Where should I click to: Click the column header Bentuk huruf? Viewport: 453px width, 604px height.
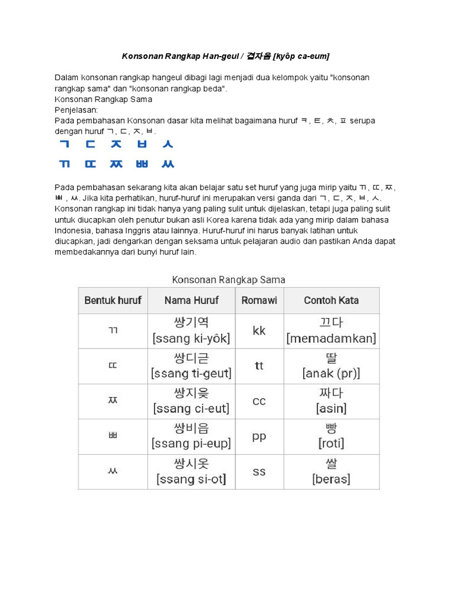pyautogui.click(x=113, y=300)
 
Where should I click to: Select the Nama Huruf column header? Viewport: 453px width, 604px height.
pyautogui.click(x=191, y=300)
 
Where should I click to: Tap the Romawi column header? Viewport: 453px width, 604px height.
pyautogui.click(x=259, y=300)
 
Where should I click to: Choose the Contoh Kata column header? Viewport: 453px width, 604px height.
pyautogui.click(x=331, y=300)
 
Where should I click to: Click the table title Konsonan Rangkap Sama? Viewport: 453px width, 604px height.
pyautogui.click(x=228, y=279)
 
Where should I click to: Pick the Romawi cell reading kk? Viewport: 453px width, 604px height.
pyautogui.click(x=259, y=331)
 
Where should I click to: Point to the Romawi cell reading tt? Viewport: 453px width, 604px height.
pyautogui.click(x=259, y=366)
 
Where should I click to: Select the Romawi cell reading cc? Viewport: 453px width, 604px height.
pyautogui.click(x=259, y=401)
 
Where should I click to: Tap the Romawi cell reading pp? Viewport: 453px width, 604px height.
pyautogui.click(x=259, y=436)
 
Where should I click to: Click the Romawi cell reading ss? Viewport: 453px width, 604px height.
pyautogui.click(x=259, y=472)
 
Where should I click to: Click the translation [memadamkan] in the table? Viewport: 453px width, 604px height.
pyautogui.click(x=331, y=339)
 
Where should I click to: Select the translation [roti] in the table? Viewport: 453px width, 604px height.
pyautogui.click(x=331, y=444)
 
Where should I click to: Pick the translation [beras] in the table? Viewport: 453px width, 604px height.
pyautogui.click(x=331, y=479)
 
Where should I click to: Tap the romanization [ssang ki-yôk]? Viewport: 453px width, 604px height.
pyautogui.click(x=191, y=339)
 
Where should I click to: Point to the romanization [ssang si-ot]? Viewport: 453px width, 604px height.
pyautogui.click(x=191, y=479)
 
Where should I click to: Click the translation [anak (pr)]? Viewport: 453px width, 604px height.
pyautogui.click(x=331, y=373)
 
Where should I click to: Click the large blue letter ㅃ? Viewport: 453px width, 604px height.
pyautogui.click(x=142, y=164)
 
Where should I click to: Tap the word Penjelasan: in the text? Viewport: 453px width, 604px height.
pyautogui.click(x=76, y=110)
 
